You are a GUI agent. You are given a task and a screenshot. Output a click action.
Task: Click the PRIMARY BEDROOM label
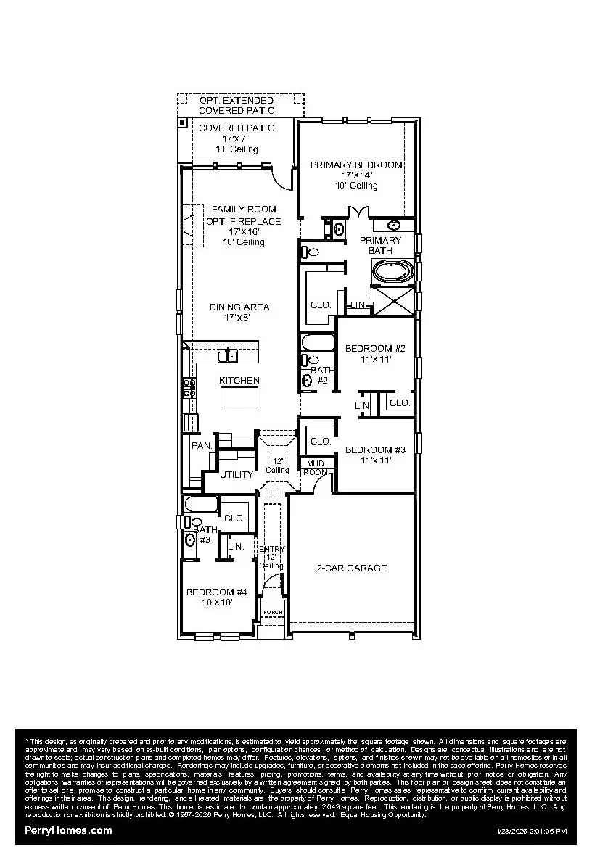(x=356, y=165)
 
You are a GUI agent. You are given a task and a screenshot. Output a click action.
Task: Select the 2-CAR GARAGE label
(x=352, y=568)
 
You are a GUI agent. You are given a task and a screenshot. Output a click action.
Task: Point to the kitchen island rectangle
(x=239, y=398)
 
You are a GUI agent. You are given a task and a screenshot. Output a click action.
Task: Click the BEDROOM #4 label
(x=216, y=592)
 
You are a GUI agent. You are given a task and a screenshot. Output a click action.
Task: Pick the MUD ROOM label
(x=316, y=467)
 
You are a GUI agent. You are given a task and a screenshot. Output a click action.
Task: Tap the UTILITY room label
(x=237, y=475)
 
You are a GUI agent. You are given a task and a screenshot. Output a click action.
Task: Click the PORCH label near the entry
(x=273, y=613)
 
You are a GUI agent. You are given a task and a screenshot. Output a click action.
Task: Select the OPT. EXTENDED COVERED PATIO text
(x=237, y=105)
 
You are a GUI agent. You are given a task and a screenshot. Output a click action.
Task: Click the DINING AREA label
(x=239, y=307)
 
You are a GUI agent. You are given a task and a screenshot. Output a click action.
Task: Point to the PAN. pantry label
(x=202, y=445)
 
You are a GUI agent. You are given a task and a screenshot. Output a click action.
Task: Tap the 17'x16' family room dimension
(x=244, y=232)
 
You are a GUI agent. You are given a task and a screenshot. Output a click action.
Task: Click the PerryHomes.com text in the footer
(x=69, y=830)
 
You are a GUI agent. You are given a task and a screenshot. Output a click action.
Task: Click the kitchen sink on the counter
(x=228, y=355)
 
